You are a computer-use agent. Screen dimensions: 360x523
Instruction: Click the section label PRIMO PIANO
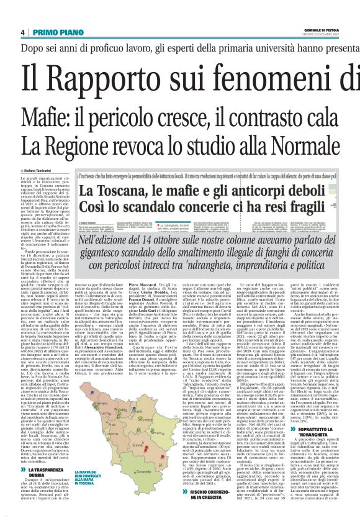tap(53, 32)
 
